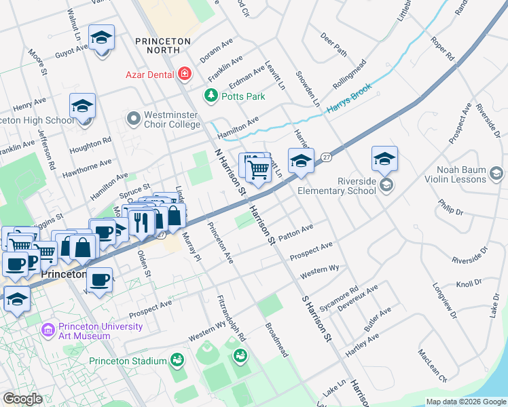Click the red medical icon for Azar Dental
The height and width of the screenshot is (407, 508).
[184, 73]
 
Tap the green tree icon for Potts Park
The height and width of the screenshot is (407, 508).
[211, 96]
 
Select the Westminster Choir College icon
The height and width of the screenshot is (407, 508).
[133, 119]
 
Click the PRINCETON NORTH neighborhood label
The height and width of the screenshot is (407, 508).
[163, 47]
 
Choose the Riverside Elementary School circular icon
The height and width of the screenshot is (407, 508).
[386, 185]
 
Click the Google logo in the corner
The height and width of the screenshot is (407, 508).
[22, 399]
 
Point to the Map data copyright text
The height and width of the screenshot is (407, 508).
[465, 402]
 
